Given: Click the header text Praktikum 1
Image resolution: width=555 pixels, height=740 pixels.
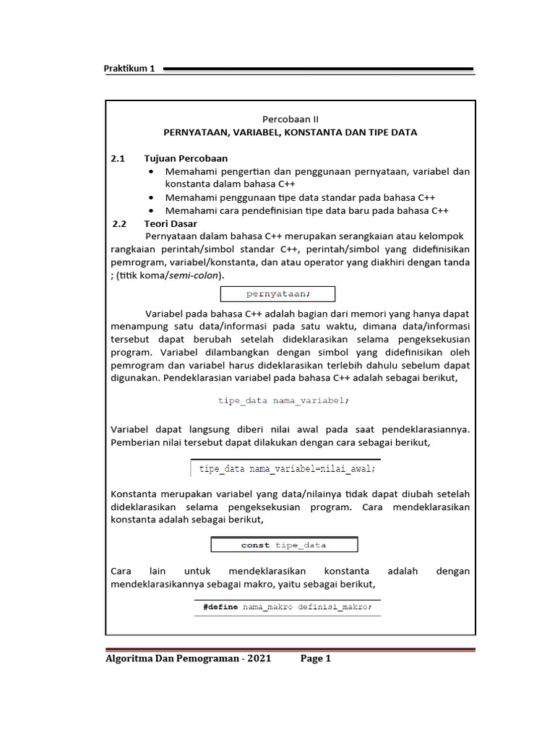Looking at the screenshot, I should (x=131, y=69).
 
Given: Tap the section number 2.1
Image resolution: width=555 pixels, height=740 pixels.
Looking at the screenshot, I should (x=119, y=158).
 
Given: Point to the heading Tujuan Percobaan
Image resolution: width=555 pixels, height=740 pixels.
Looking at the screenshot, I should (x=186, y=158).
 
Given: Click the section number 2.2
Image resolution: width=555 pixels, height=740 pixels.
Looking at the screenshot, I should (x=120, y=223).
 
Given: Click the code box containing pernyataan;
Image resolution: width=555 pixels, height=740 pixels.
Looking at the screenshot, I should (x=277, y=293).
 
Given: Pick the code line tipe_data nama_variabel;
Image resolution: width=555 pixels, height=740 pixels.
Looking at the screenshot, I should (x=283, y=400).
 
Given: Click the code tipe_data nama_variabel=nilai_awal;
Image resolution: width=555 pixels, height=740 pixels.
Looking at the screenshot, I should (x=287, y=468).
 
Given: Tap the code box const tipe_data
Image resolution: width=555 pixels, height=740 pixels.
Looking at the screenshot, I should (x=283, y=545).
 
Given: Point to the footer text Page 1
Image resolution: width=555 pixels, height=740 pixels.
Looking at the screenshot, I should (x=315, y=658).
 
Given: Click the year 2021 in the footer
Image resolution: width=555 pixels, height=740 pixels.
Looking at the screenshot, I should (x=258, y=658).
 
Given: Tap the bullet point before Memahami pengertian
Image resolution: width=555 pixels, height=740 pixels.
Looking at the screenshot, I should (x=150, y=172).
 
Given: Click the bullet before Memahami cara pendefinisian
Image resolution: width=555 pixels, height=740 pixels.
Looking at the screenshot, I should (x=150, y=211).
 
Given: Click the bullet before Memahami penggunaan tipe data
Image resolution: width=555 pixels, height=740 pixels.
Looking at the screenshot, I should (x=150, y=198).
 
